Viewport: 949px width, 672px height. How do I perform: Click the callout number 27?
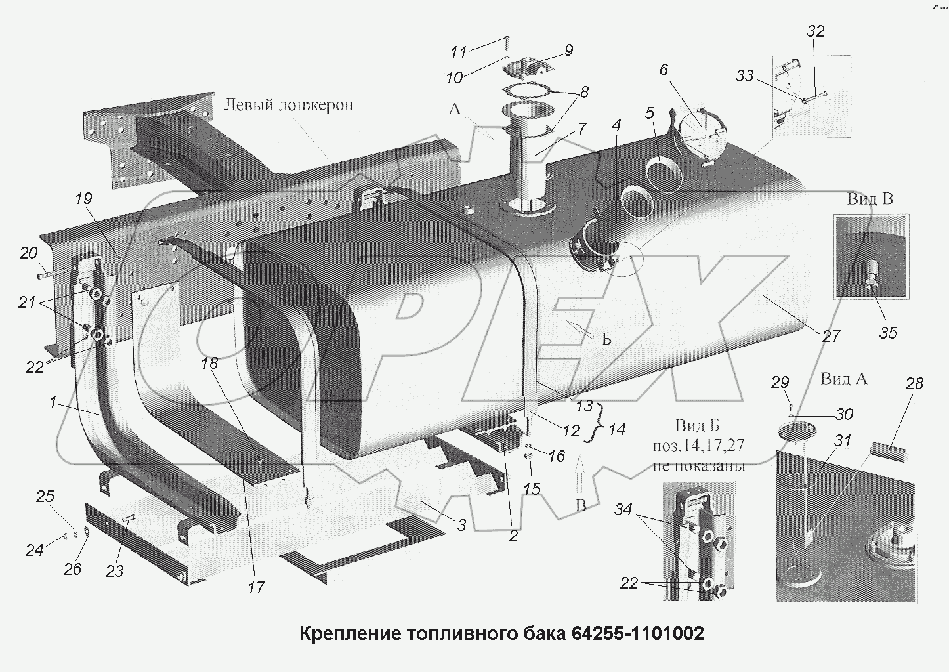(831, 336)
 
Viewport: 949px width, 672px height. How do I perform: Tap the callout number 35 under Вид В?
(888, 333)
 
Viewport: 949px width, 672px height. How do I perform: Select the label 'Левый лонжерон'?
(289, 105)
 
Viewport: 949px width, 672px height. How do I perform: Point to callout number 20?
(29, 253)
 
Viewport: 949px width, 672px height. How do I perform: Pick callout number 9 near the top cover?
(568, 50)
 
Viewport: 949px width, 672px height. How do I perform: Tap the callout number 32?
(815, 31)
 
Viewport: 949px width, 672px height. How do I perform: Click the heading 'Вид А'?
(843, 379)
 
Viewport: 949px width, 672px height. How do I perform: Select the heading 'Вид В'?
(870, 199)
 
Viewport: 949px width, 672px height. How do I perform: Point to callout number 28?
(914, 383)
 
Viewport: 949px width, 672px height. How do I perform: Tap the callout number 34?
(623, 509)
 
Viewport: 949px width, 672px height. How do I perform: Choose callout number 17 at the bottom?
(256, 587)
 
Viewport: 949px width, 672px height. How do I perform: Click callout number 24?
(34, 549)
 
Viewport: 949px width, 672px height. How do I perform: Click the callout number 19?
(83, 199)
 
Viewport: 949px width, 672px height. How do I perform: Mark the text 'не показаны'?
(699, 467)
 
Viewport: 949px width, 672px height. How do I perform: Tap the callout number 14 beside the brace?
(616, 430)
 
